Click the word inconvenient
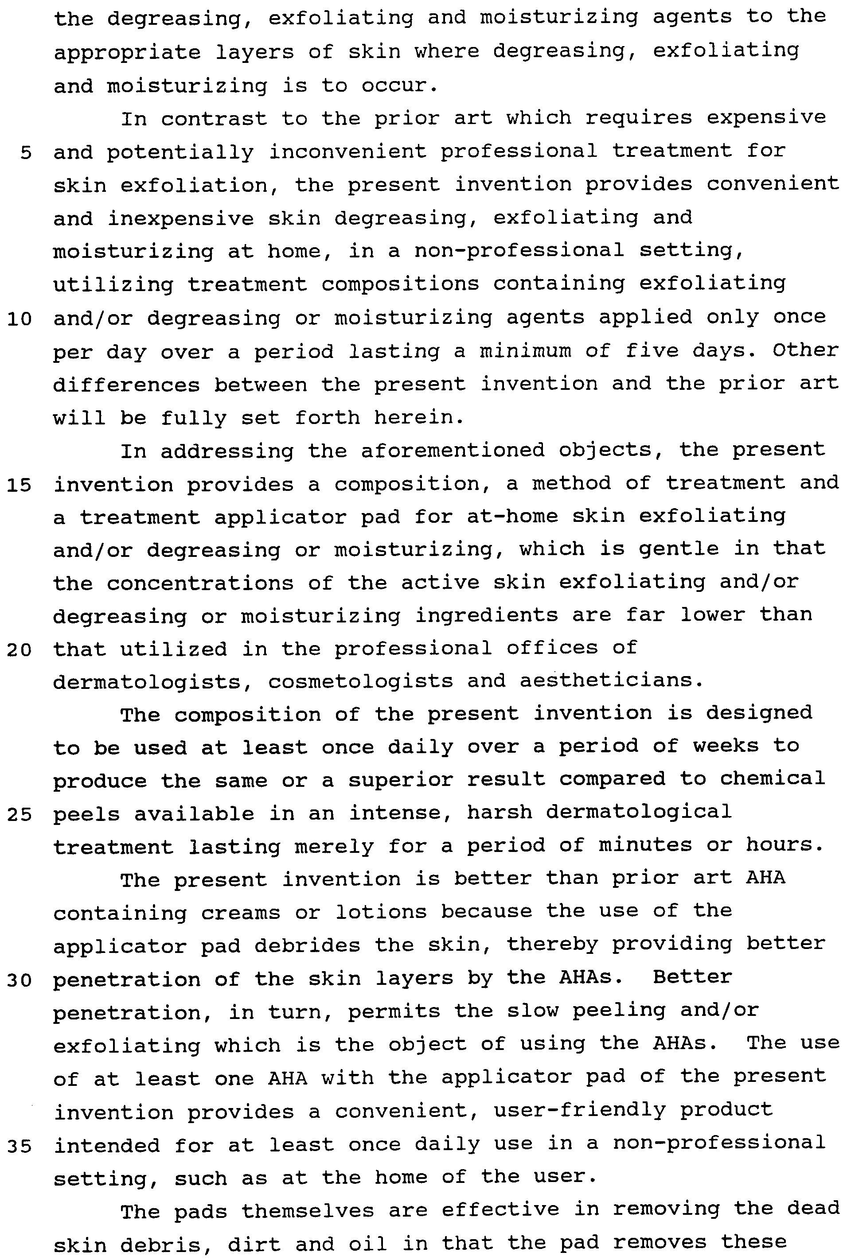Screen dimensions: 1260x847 pos(348,152)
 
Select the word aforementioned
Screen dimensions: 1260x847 pos(453,450)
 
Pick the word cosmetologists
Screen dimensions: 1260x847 pos(360,681)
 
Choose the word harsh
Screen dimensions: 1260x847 pos(499,813)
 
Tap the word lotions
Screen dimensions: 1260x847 pos(381,912)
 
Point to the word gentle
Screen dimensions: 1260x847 pos(679,549)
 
